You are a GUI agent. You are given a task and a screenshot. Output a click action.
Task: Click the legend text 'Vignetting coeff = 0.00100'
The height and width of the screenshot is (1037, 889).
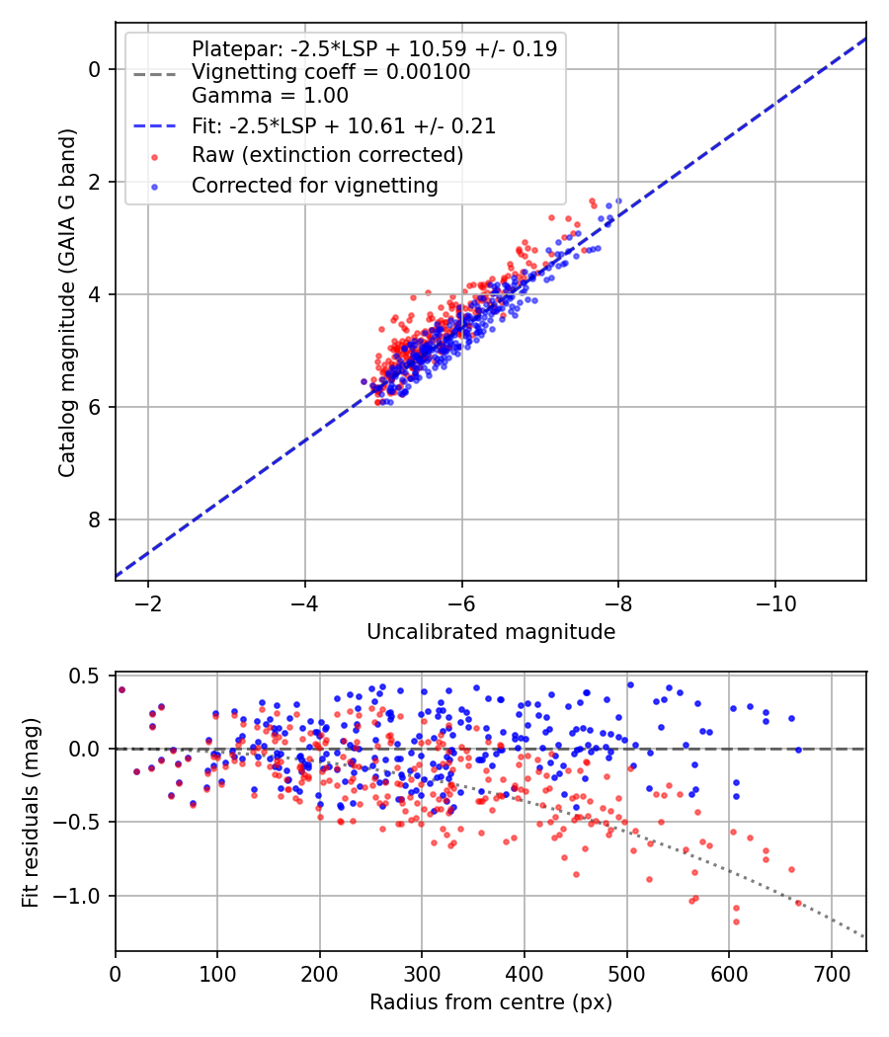330,72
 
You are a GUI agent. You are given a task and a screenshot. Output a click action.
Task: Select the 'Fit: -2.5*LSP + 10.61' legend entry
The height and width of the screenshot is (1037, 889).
343,126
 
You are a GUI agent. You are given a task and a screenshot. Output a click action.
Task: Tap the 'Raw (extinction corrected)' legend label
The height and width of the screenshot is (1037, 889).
327,155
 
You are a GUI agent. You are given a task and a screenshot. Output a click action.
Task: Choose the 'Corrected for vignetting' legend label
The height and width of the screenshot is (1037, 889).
315,185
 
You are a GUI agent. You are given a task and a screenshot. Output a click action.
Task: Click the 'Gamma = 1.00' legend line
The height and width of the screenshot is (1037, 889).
270,96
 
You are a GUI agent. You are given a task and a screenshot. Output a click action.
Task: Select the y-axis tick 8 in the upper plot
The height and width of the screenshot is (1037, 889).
96,519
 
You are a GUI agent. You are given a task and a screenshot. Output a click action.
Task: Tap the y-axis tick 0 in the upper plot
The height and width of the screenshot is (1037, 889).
96,69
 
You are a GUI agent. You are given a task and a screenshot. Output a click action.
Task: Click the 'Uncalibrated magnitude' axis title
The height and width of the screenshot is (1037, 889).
491,632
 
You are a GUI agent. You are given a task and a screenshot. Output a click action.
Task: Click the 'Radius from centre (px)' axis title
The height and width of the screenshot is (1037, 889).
491,1002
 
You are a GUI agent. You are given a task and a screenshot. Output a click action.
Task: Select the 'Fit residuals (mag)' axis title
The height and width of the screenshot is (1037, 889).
30,812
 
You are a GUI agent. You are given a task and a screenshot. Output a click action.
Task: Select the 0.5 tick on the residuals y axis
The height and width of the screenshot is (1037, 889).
90,676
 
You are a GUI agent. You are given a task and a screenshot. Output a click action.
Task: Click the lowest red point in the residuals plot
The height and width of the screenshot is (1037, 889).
736,921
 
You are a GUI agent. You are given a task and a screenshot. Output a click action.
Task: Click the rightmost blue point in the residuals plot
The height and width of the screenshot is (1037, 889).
798,750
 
